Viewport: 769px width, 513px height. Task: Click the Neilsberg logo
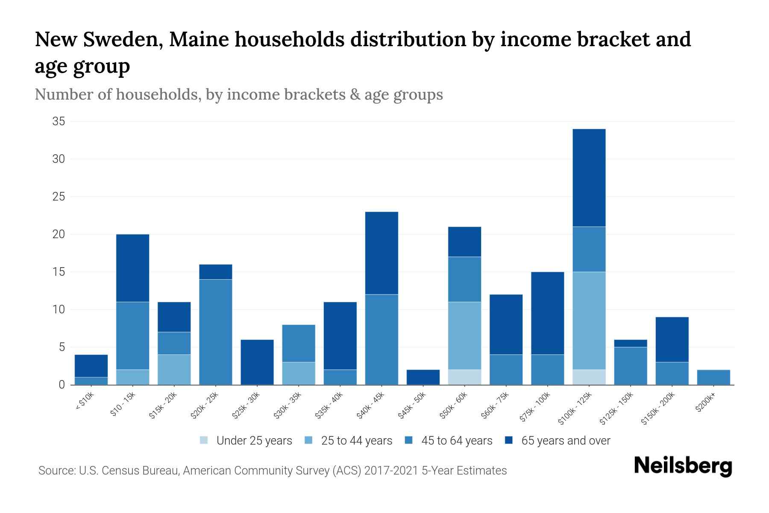point(683,466)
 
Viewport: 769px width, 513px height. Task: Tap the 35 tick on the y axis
point(59,122)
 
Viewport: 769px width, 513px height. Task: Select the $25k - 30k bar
point(257,362)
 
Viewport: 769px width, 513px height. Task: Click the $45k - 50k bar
point(423,377)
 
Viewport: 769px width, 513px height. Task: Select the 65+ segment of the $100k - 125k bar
point(589,178)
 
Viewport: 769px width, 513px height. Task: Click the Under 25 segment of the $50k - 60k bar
point(464,377)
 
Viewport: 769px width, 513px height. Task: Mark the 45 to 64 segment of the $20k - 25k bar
point(216,332)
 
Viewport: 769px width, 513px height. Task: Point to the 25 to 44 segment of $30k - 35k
point(299,373)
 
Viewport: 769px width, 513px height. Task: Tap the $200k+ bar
point(713,377)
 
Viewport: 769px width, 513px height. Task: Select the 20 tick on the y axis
point(59,234)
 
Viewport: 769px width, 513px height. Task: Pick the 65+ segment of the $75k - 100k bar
point(547,313)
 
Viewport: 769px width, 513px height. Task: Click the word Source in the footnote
point(55,471)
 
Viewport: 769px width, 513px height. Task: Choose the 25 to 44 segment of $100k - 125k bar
point(589,321)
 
